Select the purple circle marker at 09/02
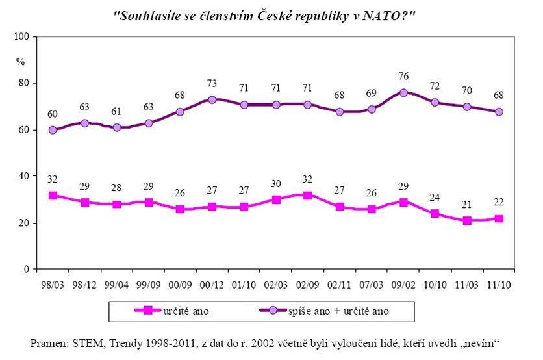coord(403,92)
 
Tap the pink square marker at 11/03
coord(466,221)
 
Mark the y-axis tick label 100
coord(23,37)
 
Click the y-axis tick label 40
coord(25,176)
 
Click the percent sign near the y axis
coord(21,62)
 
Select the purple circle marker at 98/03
coord(53,130)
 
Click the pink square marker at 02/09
coord(307,195)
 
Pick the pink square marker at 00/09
coord(179,209)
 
